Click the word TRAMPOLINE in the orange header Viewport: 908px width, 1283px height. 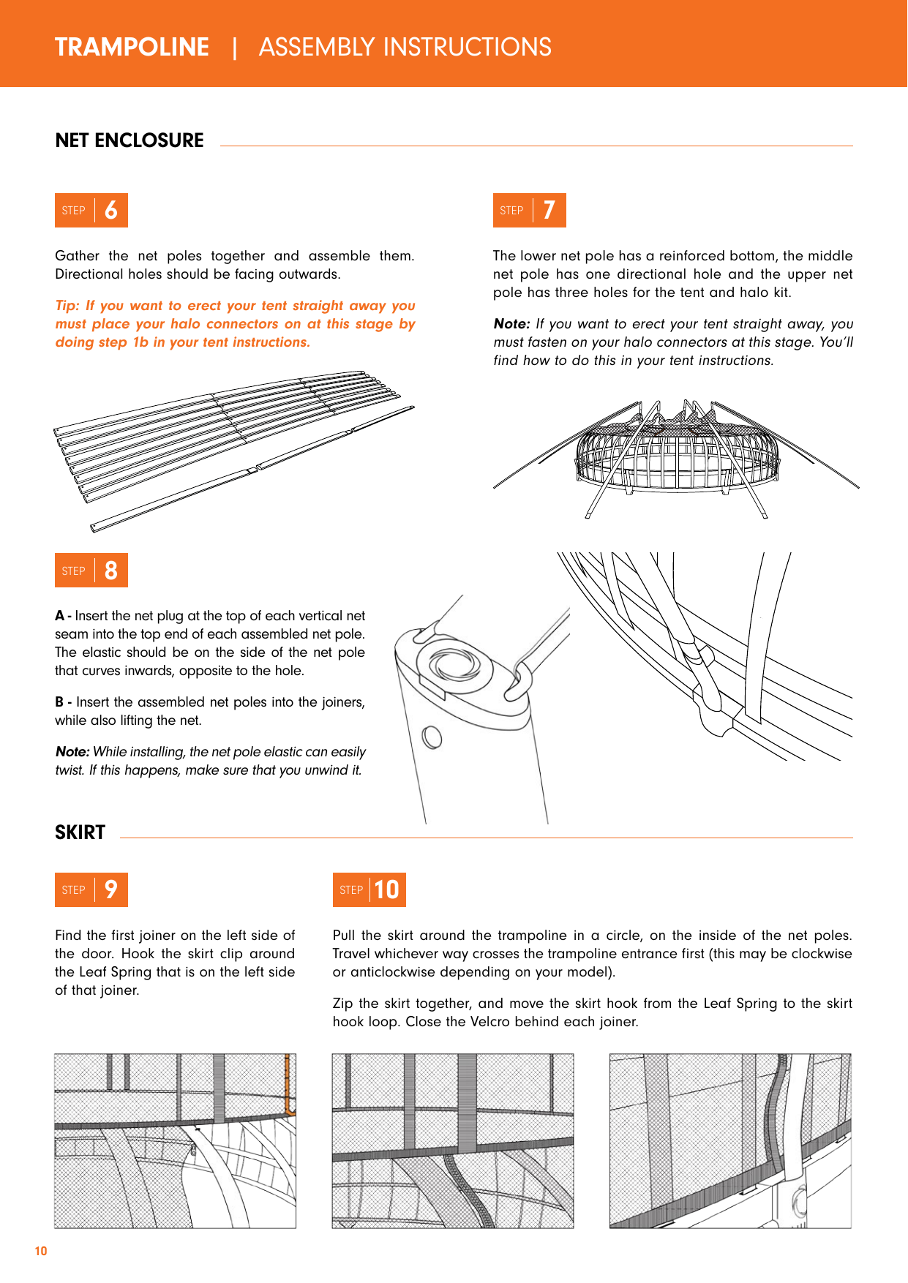pyautogui.click(x=132, y=47)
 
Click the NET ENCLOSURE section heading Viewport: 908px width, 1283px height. pyautogui.click(x=130, y=140)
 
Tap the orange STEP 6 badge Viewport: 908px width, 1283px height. pyautogui.click(x=91, y=211)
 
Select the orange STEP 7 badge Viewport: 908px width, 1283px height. pyautogui.click(x=529, y=211)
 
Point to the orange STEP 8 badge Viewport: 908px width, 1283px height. pyautogui.click(x=91, y=571)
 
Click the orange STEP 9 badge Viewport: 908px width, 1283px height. pyautogui.click(x=91, y=890)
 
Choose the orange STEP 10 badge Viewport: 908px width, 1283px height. pyautogui.click(x=369, y=890)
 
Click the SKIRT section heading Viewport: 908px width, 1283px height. pyautogui.click(x=80, y=832)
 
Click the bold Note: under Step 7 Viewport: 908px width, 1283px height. pyautogui.click(x=511, y=324)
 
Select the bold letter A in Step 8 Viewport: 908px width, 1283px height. pyautogui.click(x=59, y=616)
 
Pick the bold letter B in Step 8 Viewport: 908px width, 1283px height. pyautogui.click(x=59, y=702)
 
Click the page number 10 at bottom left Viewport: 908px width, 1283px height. pyautogui.click(x=41, y=1251)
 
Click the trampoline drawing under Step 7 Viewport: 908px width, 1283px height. pyautogui.click(x=676, y=457)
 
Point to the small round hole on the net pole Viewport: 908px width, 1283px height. pyautogui.click(x=432, y=737)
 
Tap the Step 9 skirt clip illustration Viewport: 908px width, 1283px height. pyautogui.click(x=175, y=1140)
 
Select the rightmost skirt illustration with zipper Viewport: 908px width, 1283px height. pyautogui.click(x=730, y=1140)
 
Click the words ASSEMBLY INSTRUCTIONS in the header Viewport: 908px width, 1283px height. pyautogui.click(x=405, y=47)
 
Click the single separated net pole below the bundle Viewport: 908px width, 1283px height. pyautogui.click(x=252, y=469)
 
